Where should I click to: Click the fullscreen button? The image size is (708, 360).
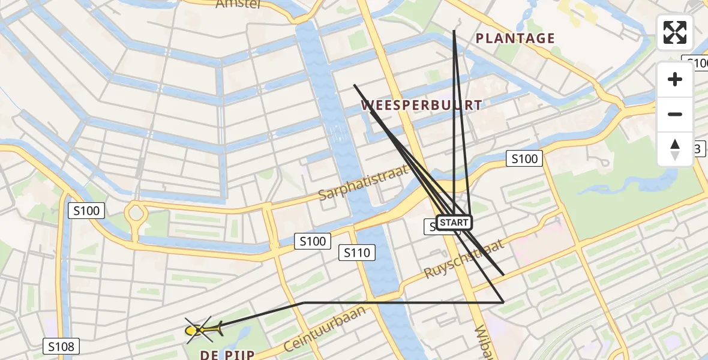point(675,32)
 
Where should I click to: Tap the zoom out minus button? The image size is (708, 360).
point(675,115)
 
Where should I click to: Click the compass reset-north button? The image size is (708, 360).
point(675,149)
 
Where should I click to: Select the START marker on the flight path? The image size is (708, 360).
point(454,223)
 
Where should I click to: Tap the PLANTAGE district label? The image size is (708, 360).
point(515,39)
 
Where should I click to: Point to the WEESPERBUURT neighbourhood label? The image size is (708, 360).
point(421,106)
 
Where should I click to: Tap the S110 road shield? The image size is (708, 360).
point(357,253)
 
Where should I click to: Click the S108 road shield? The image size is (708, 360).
point(61,346)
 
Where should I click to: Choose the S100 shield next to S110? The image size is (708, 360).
point(313,242)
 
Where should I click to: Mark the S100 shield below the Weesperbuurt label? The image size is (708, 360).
point(524,159)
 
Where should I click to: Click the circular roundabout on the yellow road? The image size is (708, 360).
point(136,213)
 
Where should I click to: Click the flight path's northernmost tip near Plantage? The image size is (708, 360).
point(454,31)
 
